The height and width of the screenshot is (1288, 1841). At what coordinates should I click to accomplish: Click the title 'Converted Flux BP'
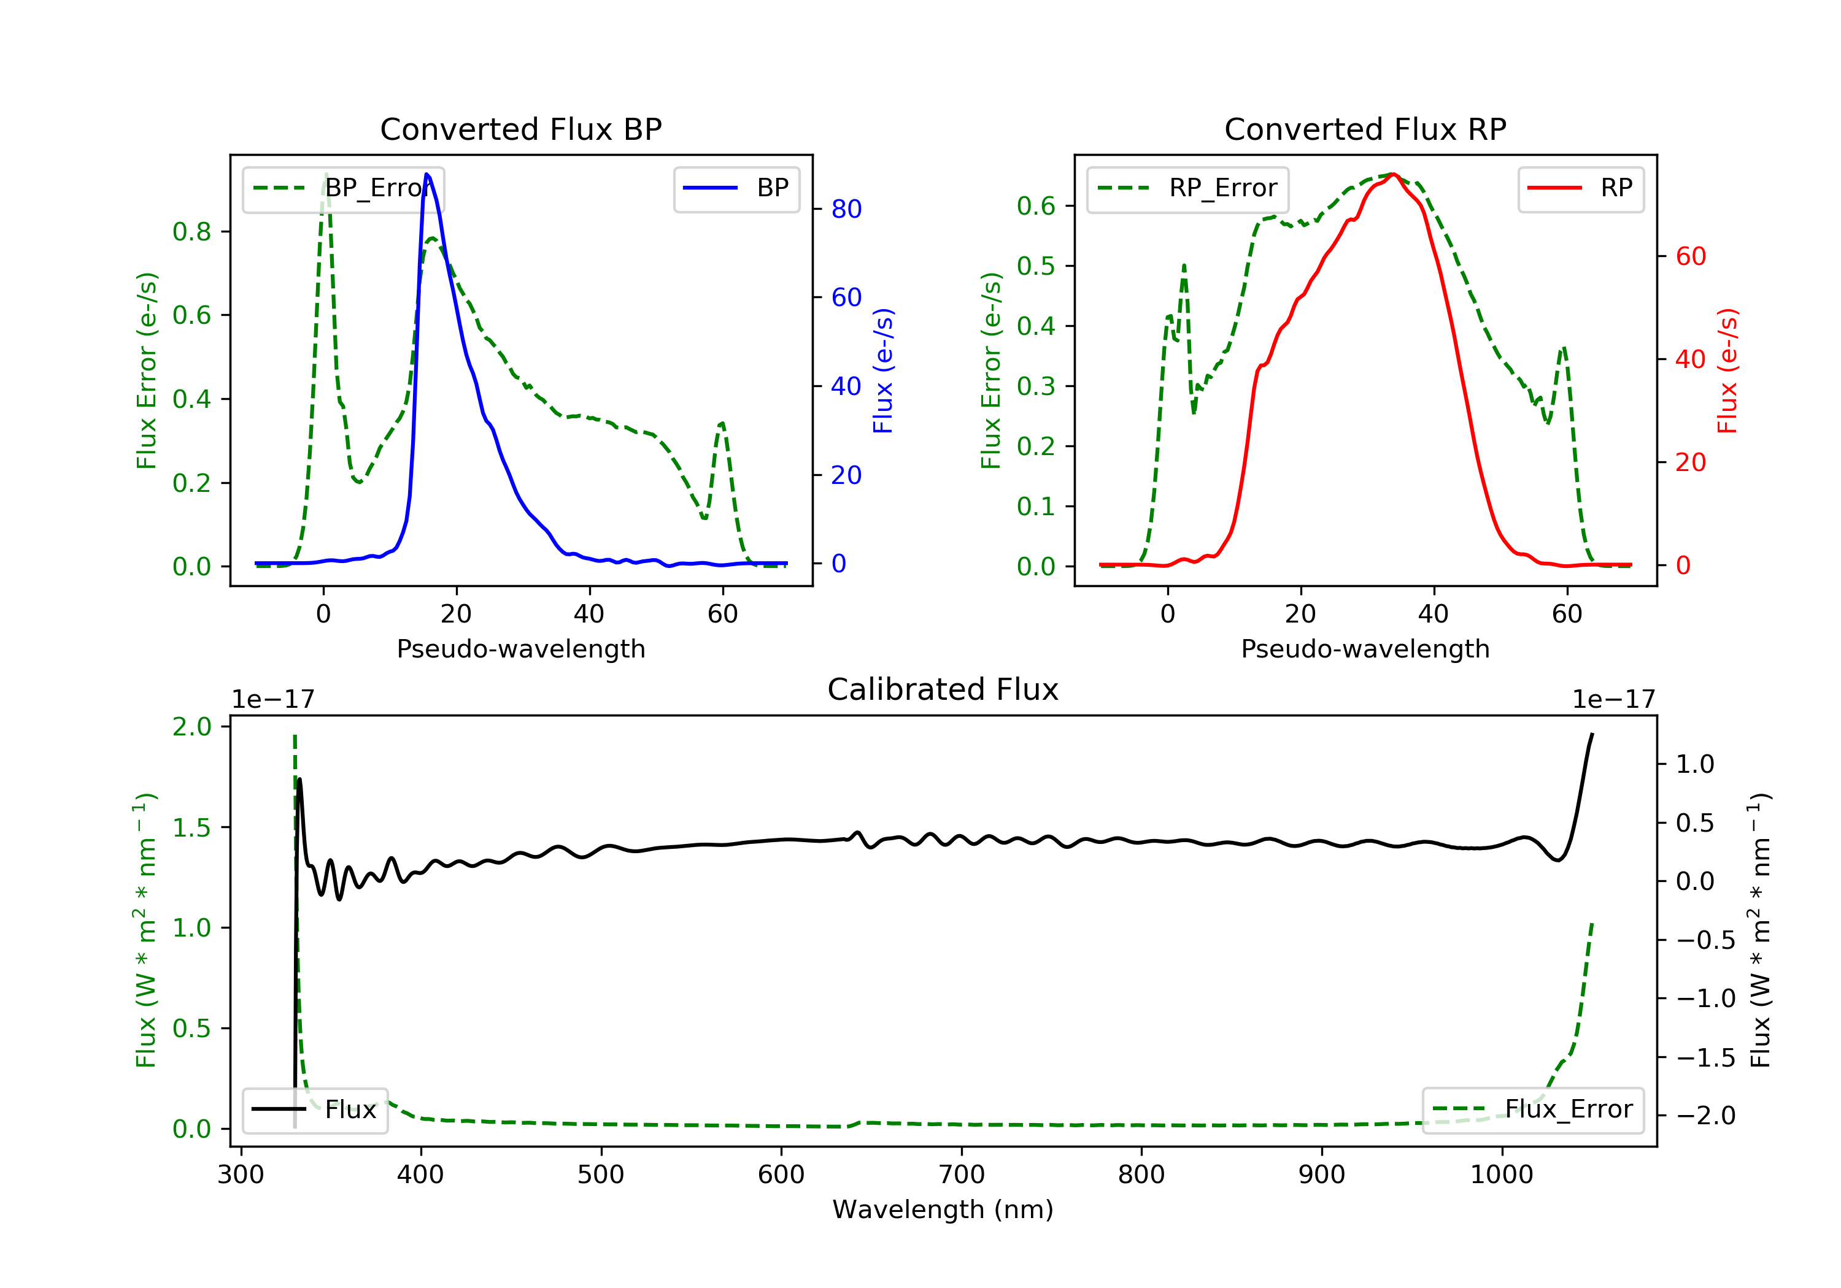click(x=520, y=129)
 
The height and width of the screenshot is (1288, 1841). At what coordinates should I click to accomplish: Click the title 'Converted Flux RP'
click(x=1365, y=129)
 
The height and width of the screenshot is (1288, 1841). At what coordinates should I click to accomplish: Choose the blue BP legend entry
click(x=736, y=188)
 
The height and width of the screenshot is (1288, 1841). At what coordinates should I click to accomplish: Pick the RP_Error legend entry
click(x=1187, y=188)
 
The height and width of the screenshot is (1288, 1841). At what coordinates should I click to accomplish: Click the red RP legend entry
click(x=1580, y=188)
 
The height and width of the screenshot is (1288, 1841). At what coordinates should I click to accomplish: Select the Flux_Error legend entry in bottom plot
click(x=1532, y=1110)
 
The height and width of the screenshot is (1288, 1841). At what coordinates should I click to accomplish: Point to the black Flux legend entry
click(x=314, y=1110)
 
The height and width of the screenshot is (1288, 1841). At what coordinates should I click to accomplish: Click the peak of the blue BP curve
click(x=426, y=174)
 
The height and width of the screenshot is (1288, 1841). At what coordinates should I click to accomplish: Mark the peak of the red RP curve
click(x=1394, y=174)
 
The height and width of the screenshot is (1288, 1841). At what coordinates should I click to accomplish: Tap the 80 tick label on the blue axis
click(x=846, y=209)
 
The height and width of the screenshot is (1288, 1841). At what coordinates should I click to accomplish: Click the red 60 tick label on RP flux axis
click(x=1690, y=256)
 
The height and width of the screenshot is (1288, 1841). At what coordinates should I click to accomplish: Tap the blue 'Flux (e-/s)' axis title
click(x=883, y=370)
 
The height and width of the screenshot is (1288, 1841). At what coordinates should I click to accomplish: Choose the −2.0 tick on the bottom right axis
click(x=1705, y=1116)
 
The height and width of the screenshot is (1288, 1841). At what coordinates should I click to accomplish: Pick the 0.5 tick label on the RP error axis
click(x=1035, y=266)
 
